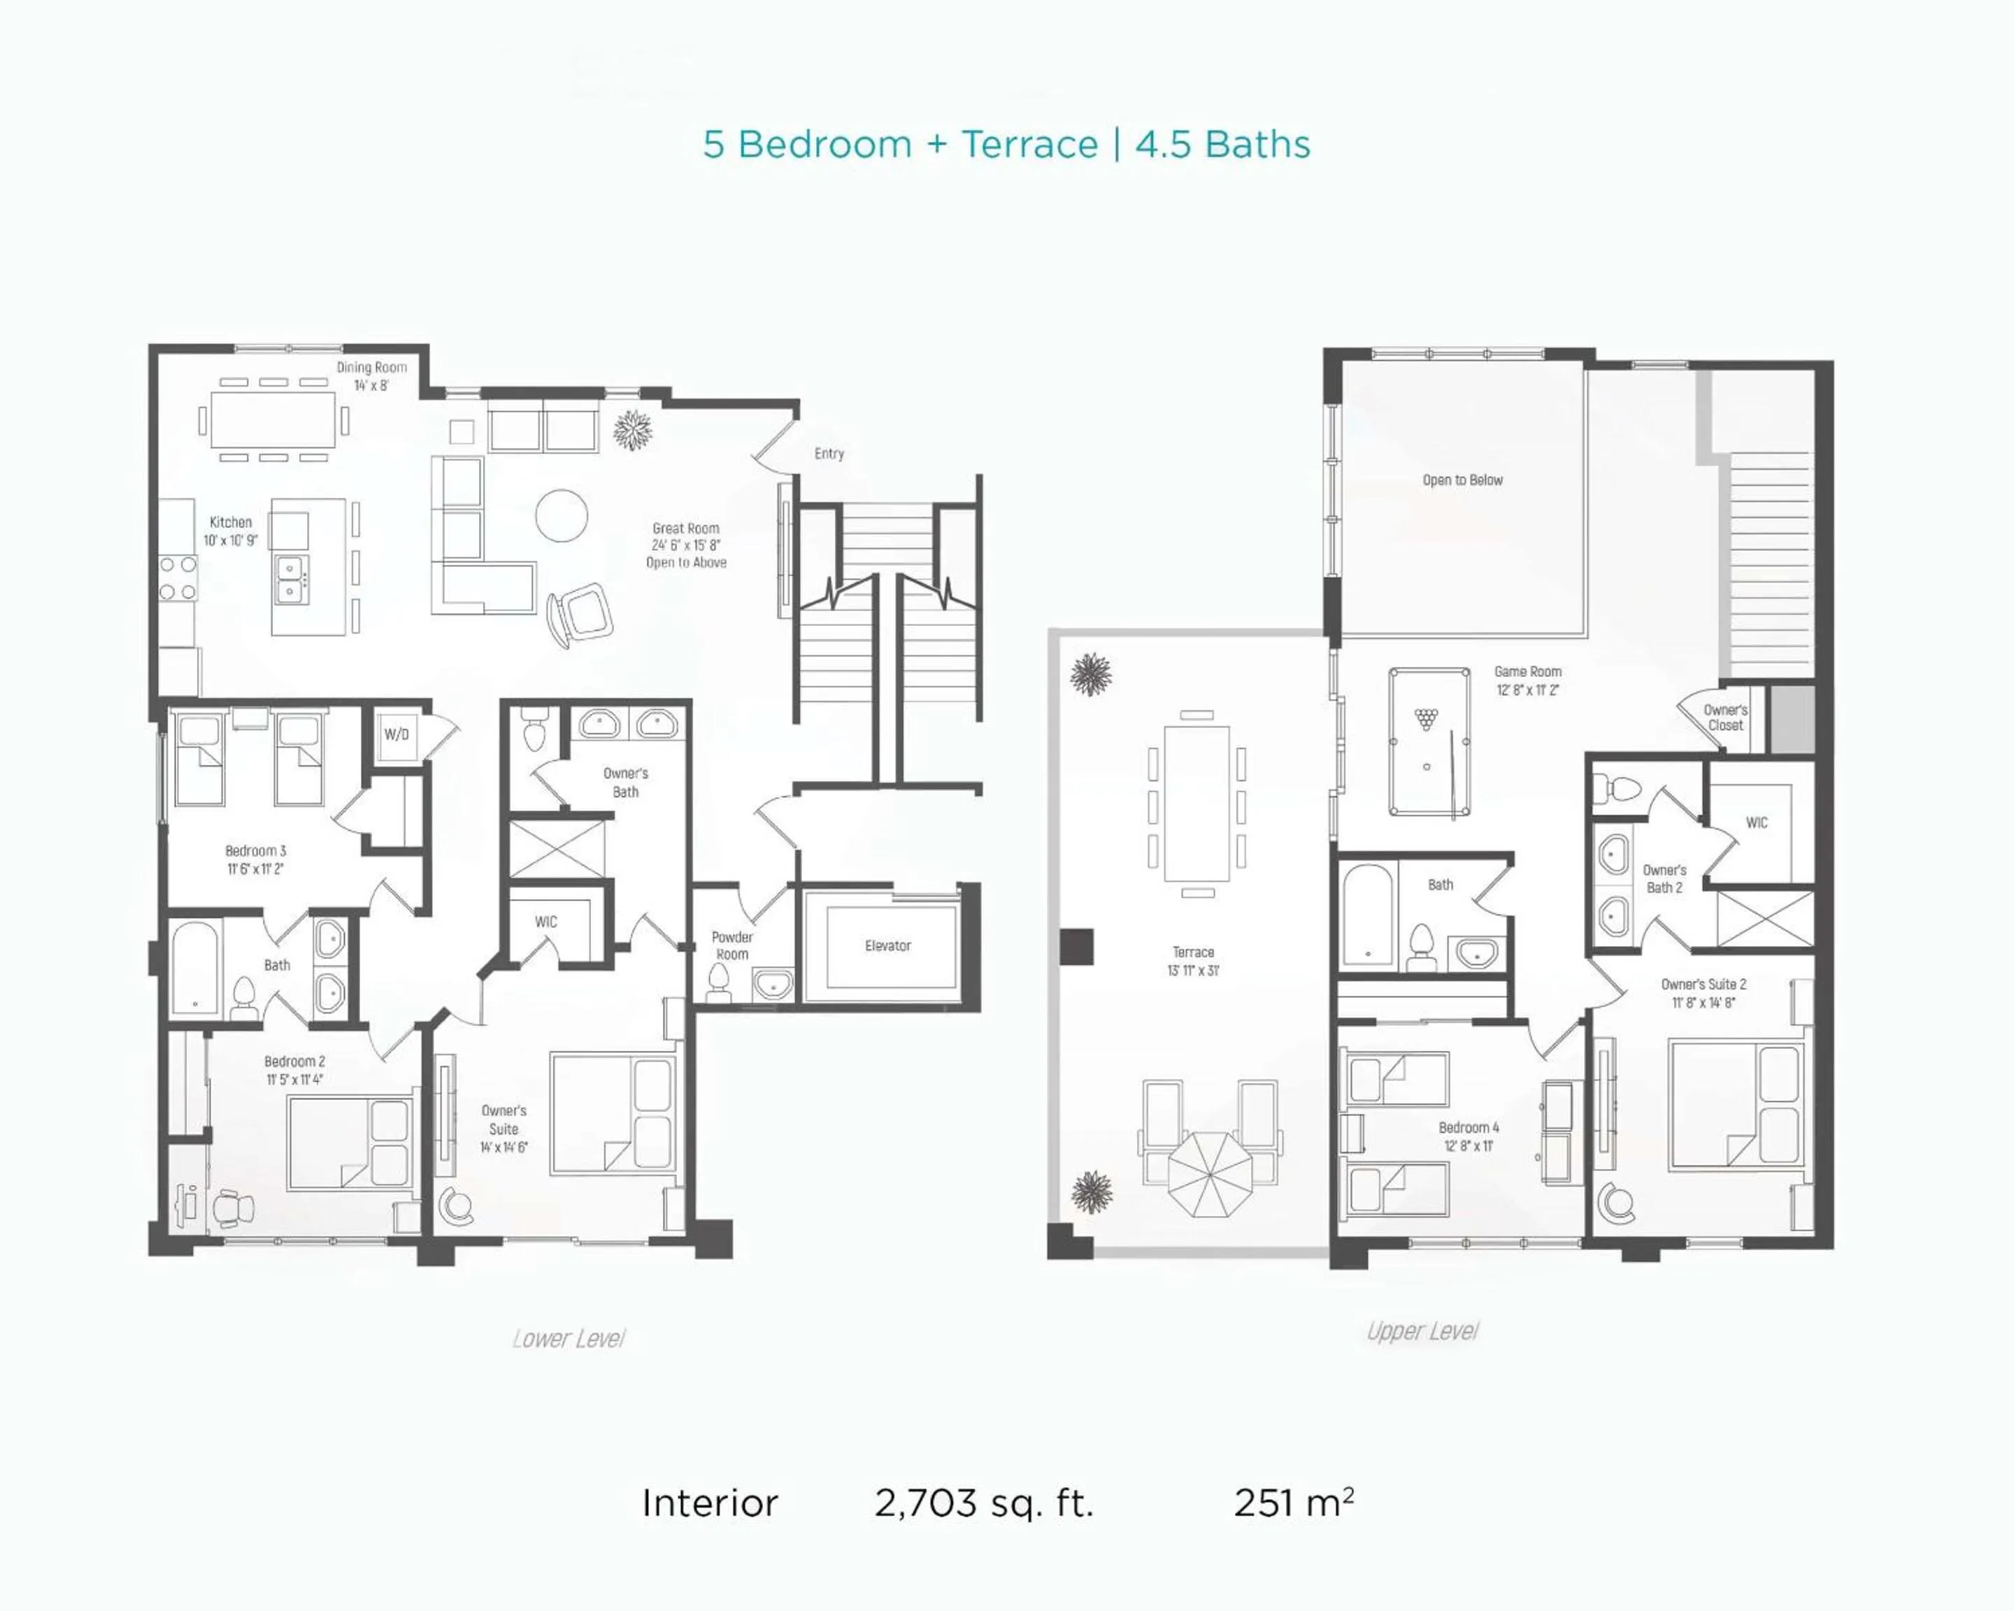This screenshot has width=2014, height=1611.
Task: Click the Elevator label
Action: pyautogui.click(x=887, y=945)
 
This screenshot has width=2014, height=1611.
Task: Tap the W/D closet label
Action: pyautogui.click(x=396, y=734)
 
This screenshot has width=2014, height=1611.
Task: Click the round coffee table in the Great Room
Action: pyautogui.click(x=562, y=515)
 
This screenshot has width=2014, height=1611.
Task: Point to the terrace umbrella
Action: pyautogui.click(x=1210, y=1175)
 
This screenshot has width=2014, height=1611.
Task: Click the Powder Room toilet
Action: pyautogui.click(x=718, y=982)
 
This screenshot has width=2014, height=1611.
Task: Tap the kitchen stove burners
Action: pyautogui.click(x=178, y=577)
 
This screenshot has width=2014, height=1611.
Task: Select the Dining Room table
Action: pyautogui.click(x=273, y=420)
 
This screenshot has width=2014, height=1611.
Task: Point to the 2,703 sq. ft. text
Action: pyautogui.click(x=984, y=1503)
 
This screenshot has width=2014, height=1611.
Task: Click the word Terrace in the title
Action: pyautogui.click(x=1029, y=145)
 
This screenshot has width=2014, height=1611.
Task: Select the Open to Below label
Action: pyautogui.click(x=1463, y=480)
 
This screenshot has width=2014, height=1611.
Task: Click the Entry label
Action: pyautogui.click(x=829, y=454)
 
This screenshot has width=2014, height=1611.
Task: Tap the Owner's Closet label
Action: pyautogui.click(x=1725, y=717)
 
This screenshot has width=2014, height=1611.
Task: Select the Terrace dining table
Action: pyautogui.click(x=1197, y=803)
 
